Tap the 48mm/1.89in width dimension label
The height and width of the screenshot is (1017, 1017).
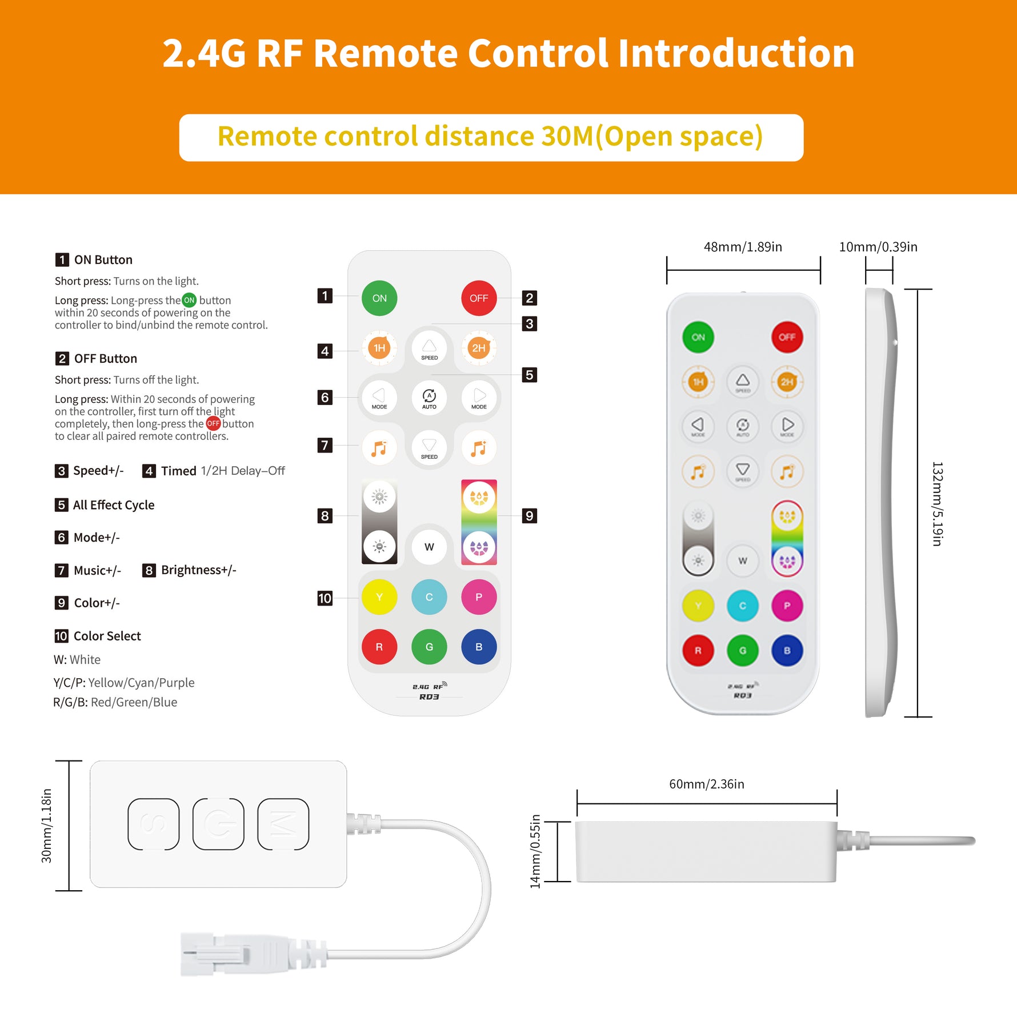(743, 247)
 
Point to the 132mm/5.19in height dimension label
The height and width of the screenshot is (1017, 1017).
(937, 504)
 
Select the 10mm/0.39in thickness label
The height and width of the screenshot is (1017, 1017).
(878, 247)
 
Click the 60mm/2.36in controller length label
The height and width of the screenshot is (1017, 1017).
(707, 784)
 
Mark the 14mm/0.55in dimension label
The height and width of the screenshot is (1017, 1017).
(535, 851)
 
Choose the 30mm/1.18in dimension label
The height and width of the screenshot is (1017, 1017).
(46, 826)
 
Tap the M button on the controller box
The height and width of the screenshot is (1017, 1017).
(283, 824)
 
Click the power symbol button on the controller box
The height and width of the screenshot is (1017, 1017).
(218, 824)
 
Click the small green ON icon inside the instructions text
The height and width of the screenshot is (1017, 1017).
(189, 300)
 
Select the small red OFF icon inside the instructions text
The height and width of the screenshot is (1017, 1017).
(213, 423)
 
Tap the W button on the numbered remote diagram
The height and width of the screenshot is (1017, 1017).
(429, 547)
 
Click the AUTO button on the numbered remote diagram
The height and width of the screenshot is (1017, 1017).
(429, 398)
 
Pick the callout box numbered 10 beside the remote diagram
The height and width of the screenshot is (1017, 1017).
(325, 598)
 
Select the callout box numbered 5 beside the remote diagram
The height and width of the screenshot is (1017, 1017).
(530, 375)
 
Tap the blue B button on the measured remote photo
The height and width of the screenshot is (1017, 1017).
(787, 650)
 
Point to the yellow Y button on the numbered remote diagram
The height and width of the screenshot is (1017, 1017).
(379, 597)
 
